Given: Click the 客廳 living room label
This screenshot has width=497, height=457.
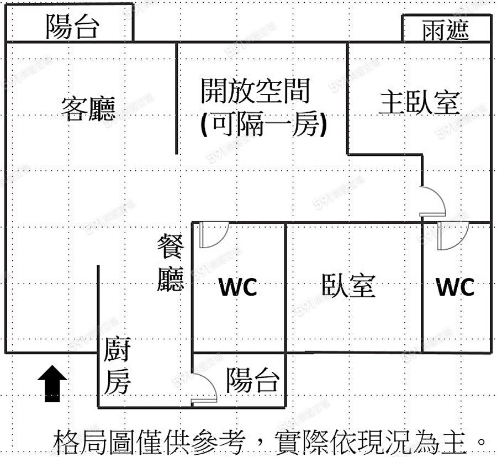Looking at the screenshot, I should click(88, 109).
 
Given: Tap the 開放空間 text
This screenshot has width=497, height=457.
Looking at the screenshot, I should click(255, 91).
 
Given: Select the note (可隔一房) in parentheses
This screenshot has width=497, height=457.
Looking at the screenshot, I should click(264, 125).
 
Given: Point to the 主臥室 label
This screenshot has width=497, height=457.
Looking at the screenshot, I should click(419, 103).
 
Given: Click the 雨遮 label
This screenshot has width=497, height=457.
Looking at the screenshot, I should click(446, 29).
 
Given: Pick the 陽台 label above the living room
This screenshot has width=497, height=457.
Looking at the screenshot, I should click(72, 27).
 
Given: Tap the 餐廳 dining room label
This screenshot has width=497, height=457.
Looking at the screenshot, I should click(170, 262).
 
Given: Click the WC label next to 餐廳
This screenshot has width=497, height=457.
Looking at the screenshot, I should click(238, 287).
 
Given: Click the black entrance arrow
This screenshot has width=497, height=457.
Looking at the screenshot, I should click(52, 382).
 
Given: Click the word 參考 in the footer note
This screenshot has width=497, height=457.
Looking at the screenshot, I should click(218, 442).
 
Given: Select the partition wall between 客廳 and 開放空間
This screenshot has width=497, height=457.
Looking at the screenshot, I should click(176, 99).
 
